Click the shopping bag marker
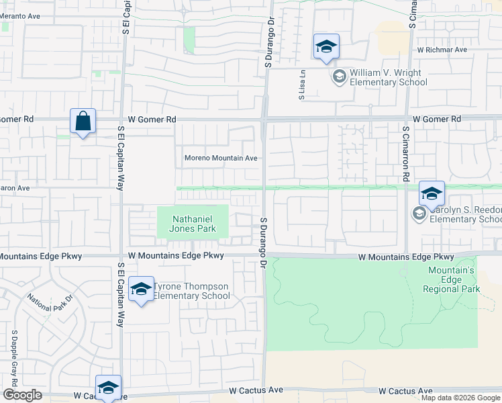point(83,122)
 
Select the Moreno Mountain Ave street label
point(221,159)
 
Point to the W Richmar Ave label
point(442,50)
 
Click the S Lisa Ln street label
point(303,85)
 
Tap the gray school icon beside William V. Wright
point(339,77)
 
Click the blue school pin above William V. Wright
point(326,47)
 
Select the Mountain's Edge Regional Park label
point(452,279)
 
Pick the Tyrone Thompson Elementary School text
point(191,291)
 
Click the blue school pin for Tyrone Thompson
point(141,289)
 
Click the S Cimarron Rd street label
point(405,154)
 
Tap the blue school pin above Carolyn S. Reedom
point(432,193)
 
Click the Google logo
point(22,395)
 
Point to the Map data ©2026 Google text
point(460,398)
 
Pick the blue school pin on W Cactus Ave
point(108,387)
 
